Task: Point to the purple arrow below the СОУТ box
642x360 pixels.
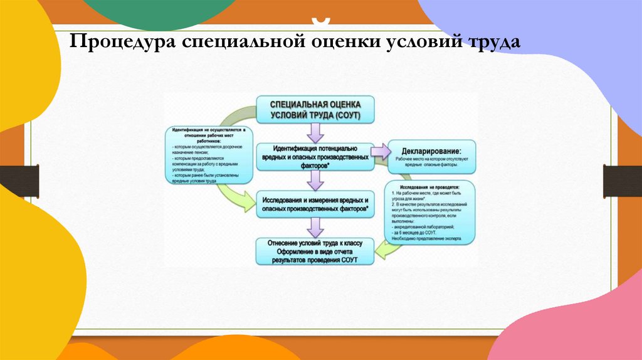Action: [x=315, y=132]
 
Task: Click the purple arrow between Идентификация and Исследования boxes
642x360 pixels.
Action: [x=315, y=181]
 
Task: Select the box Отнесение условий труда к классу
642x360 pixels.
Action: [x=315, y=251]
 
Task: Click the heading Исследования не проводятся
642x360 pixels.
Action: [x=429, y=188]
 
